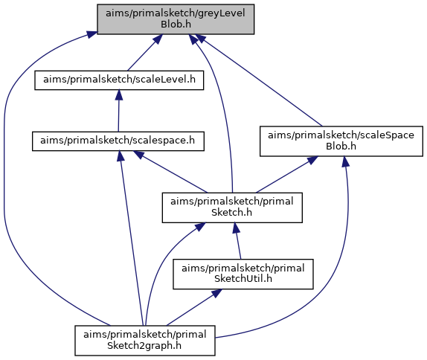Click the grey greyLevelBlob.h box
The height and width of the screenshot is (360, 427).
point(176,19)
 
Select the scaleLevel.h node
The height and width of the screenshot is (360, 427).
point(119,80)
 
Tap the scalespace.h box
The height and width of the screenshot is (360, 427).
point(118,141)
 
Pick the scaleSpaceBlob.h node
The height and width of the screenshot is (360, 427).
point(341,141)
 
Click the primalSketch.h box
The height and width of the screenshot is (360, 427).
point(232,208)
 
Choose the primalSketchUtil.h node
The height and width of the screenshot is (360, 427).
point(243,274)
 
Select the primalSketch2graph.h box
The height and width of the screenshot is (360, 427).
point(145,341)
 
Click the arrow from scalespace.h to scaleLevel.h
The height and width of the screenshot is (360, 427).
point(118,111)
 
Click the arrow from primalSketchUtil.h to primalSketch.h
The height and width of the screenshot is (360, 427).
point(237,241)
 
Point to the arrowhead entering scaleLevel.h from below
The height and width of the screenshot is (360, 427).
point(119,94)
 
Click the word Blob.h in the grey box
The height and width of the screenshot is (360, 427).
point(176,25)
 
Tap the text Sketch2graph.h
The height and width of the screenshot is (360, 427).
point(144,346)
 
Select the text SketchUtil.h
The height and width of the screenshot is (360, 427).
point(243,279)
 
